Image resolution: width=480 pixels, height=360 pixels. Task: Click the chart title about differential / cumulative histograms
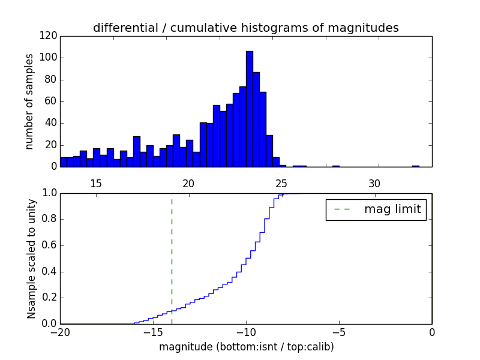(245, 28)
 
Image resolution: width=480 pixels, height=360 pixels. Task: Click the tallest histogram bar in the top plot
(249, 108)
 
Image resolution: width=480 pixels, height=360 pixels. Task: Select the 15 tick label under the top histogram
(96, 184)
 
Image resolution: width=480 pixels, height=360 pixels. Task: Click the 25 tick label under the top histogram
(281, 184)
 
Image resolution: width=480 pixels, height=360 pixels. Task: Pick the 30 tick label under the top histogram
(374, 184)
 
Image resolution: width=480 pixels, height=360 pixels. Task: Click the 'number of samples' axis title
(29, 101)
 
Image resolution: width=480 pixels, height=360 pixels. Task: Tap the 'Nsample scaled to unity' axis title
(31, 259)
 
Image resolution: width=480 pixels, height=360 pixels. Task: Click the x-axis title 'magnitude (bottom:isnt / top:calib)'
(246, 347)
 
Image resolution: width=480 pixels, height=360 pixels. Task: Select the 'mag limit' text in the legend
(392, 209)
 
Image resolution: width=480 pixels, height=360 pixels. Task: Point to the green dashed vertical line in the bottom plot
(172, 252)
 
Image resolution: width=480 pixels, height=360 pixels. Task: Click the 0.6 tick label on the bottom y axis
(48, 245)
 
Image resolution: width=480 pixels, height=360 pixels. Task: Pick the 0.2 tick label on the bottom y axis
(48, 298)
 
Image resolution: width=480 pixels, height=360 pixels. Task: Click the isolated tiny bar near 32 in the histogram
(415, 166)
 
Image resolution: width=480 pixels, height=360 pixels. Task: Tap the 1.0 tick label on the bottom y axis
(48, 193)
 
